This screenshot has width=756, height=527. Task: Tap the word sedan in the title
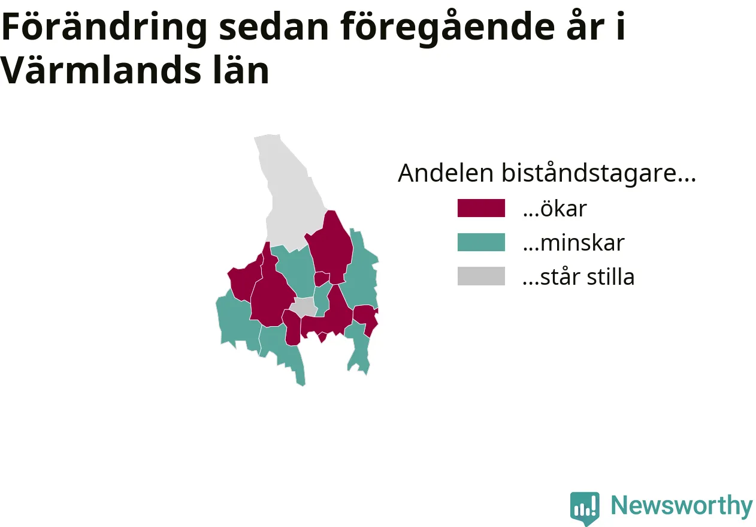pyautogui.click(x=274, y=27)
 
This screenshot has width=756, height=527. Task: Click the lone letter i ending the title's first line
pyautogui.click(x=621, y=26)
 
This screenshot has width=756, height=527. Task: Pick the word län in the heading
pyautogui.click(x=241, y=70)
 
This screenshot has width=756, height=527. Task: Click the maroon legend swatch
pyautogui.click(x=481, y=208)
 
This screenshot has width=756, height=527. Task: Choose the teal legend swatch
pyautogui.click(x=481, y=242)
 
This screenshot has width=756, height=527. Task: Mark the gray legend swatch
pyautogui.click(x=481, y=276)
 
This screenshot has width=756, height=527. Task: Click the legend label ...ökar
pyautogui.click(x=555, y=209)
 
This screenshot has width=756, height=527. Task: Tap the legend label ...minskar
pyautogui.click(x=574, y=243)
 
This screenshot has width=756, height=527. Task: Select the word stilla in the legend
pyautogui.click(x=611, y=276)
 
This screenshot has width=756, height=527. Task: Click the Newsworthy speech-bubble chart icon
pyautogui.click(x=585, y=508)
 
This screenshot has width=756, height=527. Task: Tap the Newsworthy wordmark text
pyautogui.click(x=682, y=506)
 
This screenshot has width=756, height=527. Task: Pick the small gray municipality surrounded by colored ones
pyautogui.click(x=304, y=308)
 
